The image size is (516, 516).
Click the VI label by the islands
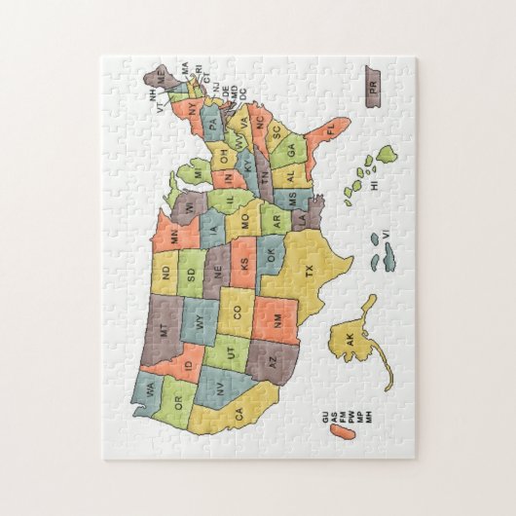click(387, 235)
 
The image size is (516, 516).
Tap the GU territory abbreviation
click(322, 417)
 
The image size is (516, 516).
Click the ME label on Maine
click(159, 77)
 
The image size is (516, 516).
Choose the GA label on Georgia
click(289, 149)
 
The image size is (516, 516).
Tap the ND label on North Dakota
click(166, 268)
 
